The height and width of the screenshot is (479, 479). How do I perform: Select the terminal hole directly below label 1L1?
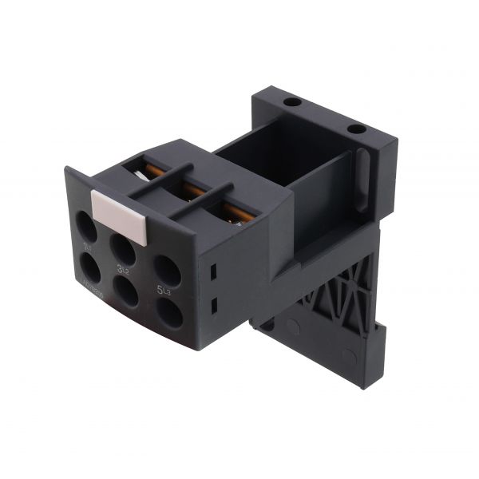coord(90,271)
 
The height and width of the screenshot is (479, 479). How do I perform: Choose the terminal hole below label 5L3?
coord(169,312)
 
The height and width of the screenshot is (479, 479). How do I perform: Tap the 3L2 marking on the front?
coord(124,270)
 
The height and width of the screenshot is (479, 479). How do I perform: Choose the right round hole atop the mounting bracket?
coord(357,128)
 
